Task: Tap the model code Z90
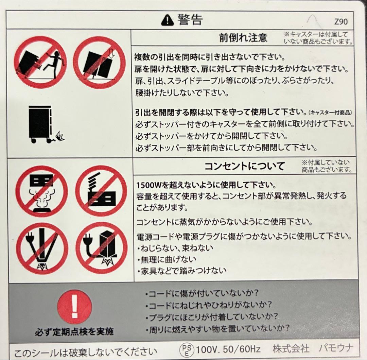tap(341, 22)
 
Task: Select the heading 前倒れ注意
tap(243, 38)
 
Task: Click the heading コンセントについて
tap(245, 166)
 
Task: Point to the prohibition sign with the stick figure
tap(40, 63)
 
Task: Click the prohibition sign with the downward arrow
tap(99, 63)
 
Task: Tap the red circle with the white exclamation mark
tap(74, 307)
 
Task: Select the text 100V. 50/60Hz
tap(228, 349)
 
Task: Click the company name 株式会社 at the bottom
tap(291, 348)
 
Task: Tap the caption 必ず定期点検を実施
tap(74, 332)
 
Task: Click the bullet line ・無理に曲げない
tap(167, 259)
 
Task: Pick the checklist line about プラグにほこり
tap(211, 317)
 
